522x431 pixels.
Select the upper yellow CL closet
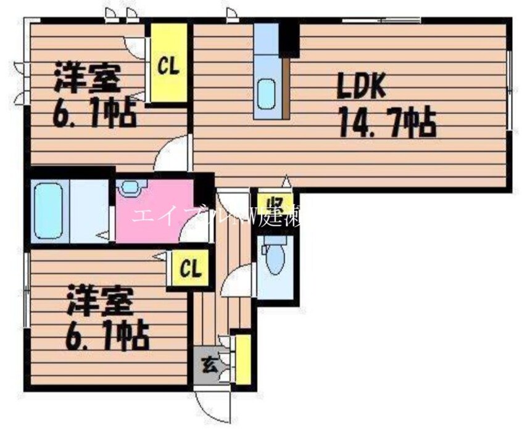point(168,64)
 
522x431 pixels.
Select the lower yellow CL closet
point(190,269)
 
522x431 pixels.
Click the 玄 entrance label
point(209,364)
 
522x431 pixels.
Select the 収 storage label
point(271,203)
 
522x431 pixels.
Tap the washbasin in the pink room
point(130,187)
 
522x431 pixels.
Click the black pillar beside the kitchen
point(288,38)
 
